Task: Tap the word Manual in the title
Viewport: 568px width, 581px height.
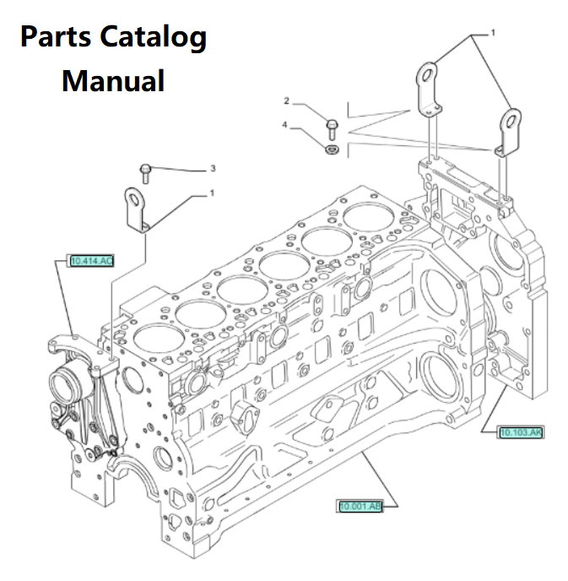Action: (113, 81)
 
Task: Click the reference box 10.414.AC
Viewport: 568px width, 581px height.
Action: (90, 260)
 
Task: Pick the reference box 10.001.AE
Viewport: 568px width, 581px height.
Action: (360, 506)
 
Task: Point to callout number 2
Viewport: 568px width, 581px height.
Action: (286, 101)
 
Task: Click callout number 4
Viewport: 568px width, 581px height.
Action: (286, 125)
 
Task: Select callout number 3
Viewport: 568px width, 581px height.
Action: (213, 169)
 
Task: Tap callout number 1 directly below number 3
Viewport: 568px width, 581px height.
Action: (213, 193)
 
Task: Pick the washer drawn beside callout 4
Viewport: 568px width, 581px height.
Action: (332, 149)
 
